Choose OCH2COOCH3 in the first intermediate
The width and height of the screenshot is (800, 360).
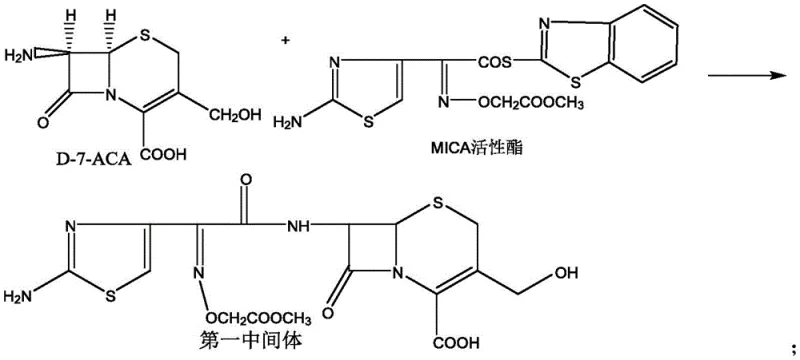coord(265,318)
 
